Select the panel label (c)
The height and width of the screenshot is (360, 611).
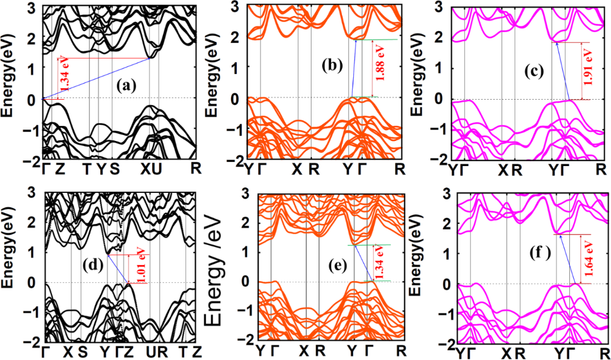(x=531, y=72)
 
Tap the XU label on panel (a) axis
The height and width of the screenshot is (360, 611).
(x=150, y=170)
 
